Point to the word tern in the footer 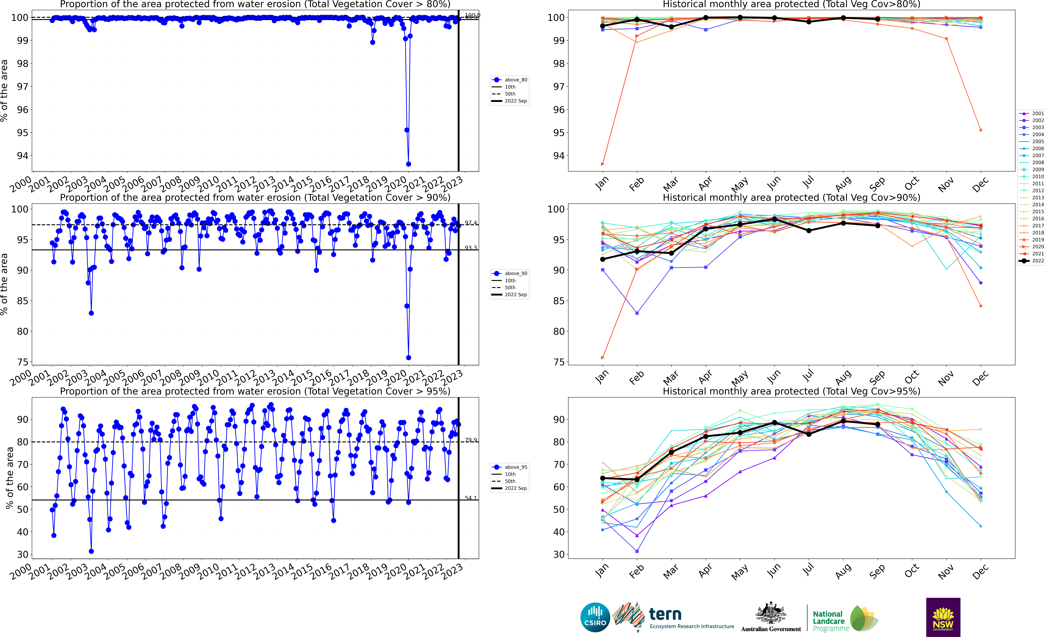[x=665, y=614]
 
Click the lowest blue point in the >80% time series [x=408, y=164]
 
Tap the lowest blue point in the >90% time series [x=408, y=358]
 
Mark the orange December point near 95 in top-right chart [x=981, y=130]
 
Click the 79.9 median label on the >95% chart [x=470, y=440]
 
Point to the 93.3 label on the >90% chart [x=470, y=248]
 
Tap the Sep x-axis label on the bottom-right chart [x=877, y=571]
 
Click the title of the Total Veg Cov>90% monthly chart [x=791, y=198]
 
